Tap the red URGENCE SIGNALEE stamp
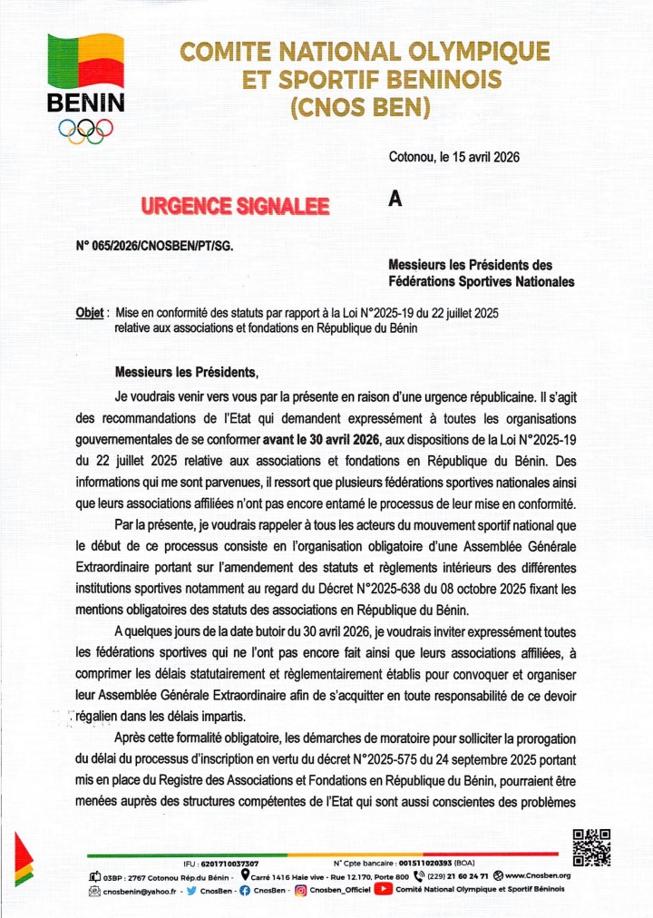click(235, 207)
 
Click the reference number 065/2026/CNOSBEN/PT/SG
click(166, 244)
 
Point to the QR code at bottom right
click(591, 847)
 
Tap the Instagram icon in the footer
click(299, 890)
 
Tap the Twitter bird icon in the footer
click(192, 890)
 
